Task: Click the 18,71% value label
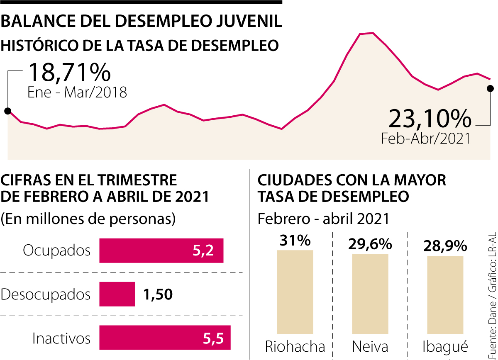(69, 73)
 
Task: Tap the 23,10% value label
(430, 119)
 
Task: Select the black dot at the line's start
(7, 111)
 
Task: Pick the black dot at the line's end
(490, 88)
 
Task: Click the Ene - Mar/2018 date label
(77, 92)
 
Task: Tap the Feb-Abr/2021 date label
(426, 138)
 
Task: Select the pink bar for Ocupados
(161, 251)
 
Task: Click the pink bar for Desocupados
(117, 294)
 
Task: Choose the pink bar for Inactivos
(165, 338)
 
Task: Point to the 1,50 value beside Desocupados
(158, 294)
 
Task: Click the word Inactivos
(61, 338)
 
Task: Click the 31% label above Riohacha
(295, 241)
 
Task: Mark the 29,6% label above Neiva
(370, 244)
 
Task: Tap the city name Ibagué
(445, 347)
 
